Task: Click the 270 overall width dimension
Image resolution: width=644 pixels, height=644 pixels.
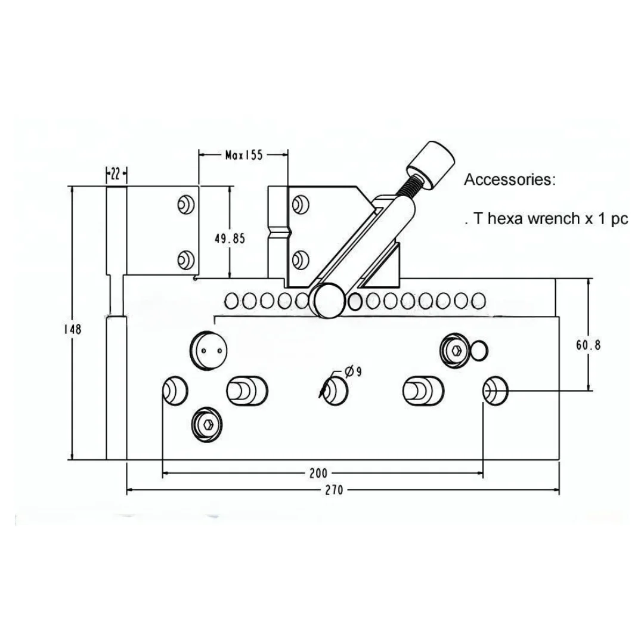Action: pos(334,490)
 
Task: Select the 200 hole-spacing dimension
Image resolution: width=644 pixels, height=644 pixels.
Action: pos(318,473)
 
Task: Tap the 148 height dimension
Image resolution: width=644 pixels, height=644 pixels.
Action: pos(73,329)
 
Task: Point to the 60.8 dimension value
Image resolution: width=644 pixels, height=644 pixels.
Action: pos(588,345)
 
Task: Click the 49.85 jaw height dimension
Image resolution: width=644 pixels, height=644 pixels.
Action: pos(230,238)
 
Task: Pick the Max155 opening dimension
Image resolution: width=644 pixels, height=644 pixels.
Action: pos(243,155)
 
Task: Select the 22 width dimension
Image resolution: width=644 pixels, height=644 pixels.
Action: pos(116,174)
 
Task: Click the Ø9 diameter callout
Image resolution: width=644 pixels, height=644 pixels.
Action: pos(353,371)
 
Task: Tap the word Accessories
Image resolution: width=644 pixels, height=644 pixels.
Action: pos(510,179)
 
